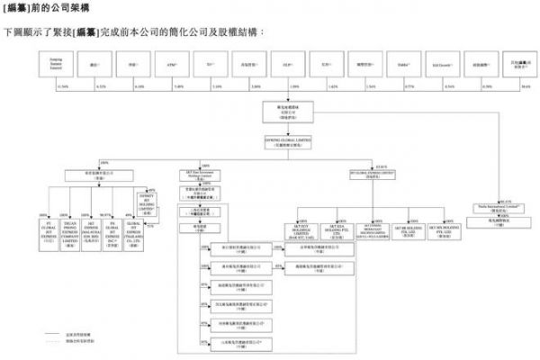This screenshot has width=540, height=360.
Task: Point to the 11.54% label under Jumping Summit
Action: [x=62, y=85]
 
